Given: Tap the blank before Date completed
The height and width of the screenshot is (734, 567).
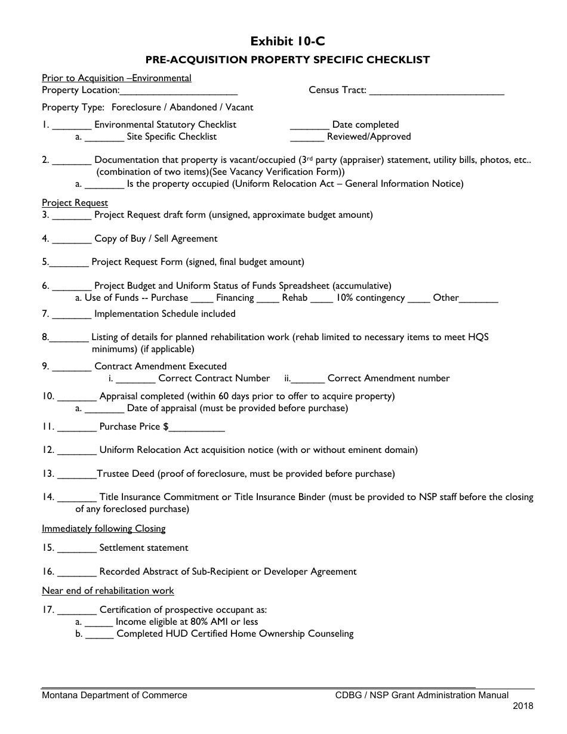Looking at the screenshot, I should point(310,126).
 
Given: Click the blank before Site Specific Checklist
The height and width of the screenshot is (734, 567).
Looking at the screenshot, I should point(104,138).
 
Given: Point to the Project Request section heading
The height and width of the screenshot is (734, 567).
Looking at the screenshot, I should point(75,203).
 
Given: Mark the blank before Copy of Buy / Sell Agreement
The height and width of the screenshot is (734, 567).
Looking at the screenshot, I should point(72,240).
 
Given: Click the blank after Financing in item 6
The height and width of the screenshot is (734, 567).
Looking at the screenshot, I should point(268,299).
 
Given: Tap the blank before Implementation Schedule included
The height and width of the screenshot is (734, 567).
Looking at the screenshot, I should point(72,315).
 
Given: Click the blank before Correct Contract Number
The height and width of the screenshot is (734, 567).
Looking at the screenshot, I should point(135,380).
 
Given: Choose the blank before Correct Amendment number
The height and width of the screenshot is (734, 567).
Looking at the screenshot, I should point(309,380).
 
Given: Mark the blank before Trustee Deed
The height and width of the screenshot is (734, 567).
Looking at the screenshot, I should point(77,475).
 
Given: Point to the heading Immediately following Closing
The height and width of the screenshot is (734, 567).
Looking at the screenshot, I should point(104,529).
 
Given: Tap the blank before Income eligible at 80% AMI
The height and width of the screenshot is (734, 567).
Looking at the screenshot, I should point(99,623).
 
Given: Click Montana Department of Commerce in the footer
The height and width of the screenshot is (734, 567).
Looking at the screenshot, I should point(114,695).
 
